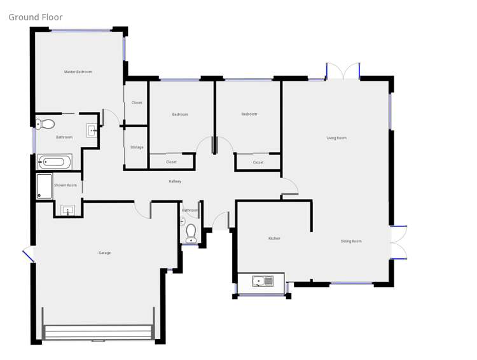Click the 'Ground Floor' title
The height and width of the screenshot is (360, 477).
[x=36, y=17]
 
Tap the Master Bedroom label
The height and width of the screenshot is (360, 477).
[x=78, y=72]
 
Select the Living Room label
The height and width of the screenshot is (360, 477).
[x=336, y=138]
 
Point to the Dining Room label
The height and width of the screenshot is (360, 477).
[x=351, y=241]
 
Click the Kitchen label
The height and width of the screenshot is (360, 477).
[x=274, y=239]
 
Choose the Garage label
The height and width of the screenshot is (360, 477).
[x=104, y=253]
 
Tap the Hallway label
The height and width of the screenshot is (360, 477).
[x=175, y=181]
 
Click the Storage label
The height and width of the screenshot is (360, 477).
[x=137, y=147]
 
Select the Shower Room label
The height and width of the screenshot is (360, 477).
[x=66, y=185]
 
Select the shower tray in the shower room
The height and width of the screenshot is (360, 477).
[x=45, y=186]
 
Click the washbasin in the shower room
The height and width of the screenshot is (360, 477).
[x=68, y=209]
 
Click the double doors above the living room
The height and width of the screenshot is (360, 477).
[x=343, y=72]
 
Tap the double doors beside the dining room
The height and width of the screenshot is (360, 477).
[x=399, y=242]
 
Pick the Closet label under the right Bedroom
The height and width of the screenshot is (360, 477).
[x=258, y=162]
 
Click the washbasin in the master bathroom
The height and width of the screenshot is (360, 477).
[x=92, y=130]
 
